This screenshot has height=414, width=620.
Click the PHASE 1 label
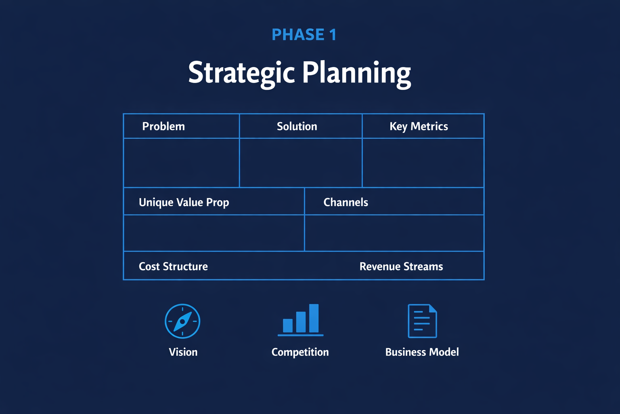(x=304, y=35)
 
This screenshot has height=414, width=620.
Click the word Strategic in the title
(x=241, y=73)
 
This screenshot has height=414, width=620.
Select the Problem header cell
(x=163, y=126)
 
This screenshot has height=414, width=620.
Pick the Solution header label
(x=297, y=126)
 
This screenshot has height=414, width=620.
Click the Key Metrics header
(x=419, y=126)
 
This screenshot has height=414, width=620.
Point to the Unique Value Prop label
(x=184, y=202)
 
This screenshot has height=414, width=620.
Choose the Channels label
(x=346, y=202)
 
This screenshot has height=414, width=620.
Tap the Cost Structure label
(x=173, y=266)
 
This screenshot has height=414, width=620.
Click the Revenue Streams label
(x=401, y=266)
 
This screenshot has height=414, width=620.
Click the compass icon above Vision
(x=182, y=321)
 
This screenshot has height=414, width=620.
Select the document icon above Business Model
(x=422, y=321)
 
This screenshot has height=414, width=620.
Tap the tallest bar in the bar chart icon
(x=314, y=318)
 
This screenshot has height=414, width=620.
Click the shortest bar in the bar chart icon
(x=288, y=325)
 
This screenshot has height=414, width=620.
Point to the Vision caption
(x=183, y=352)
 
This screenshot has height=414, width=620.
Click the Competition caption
(x=300, y=352)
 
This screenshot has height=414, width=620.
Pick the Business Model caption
(x=422, y=352)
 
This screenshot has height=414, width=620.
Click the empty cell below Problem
(x=181, y=163)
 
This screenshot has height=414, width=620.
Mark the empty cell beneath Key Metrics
(x=423, y=163)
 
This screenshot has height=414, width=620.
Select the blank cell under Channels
(x=394, y=233)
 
